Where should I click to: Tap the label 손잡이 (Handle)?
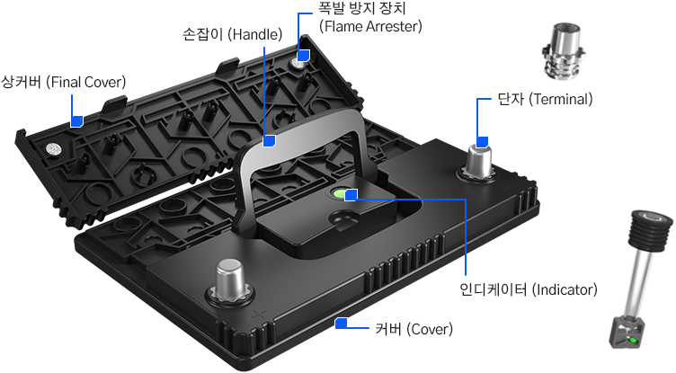point(232,36)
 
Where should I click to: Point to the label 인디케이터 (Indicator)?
point(528,289)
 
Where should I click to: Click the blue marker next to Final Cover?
point(77,120)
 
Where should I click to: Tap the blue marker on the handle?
point(268,140)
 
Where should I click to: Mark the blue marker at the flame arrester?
point(304,56)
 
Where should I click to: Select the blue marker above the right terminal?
point(482,141)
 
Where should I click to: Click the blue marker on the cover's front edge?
point(341,323)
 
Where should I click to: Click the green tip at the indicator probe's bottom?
point(633,340)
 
